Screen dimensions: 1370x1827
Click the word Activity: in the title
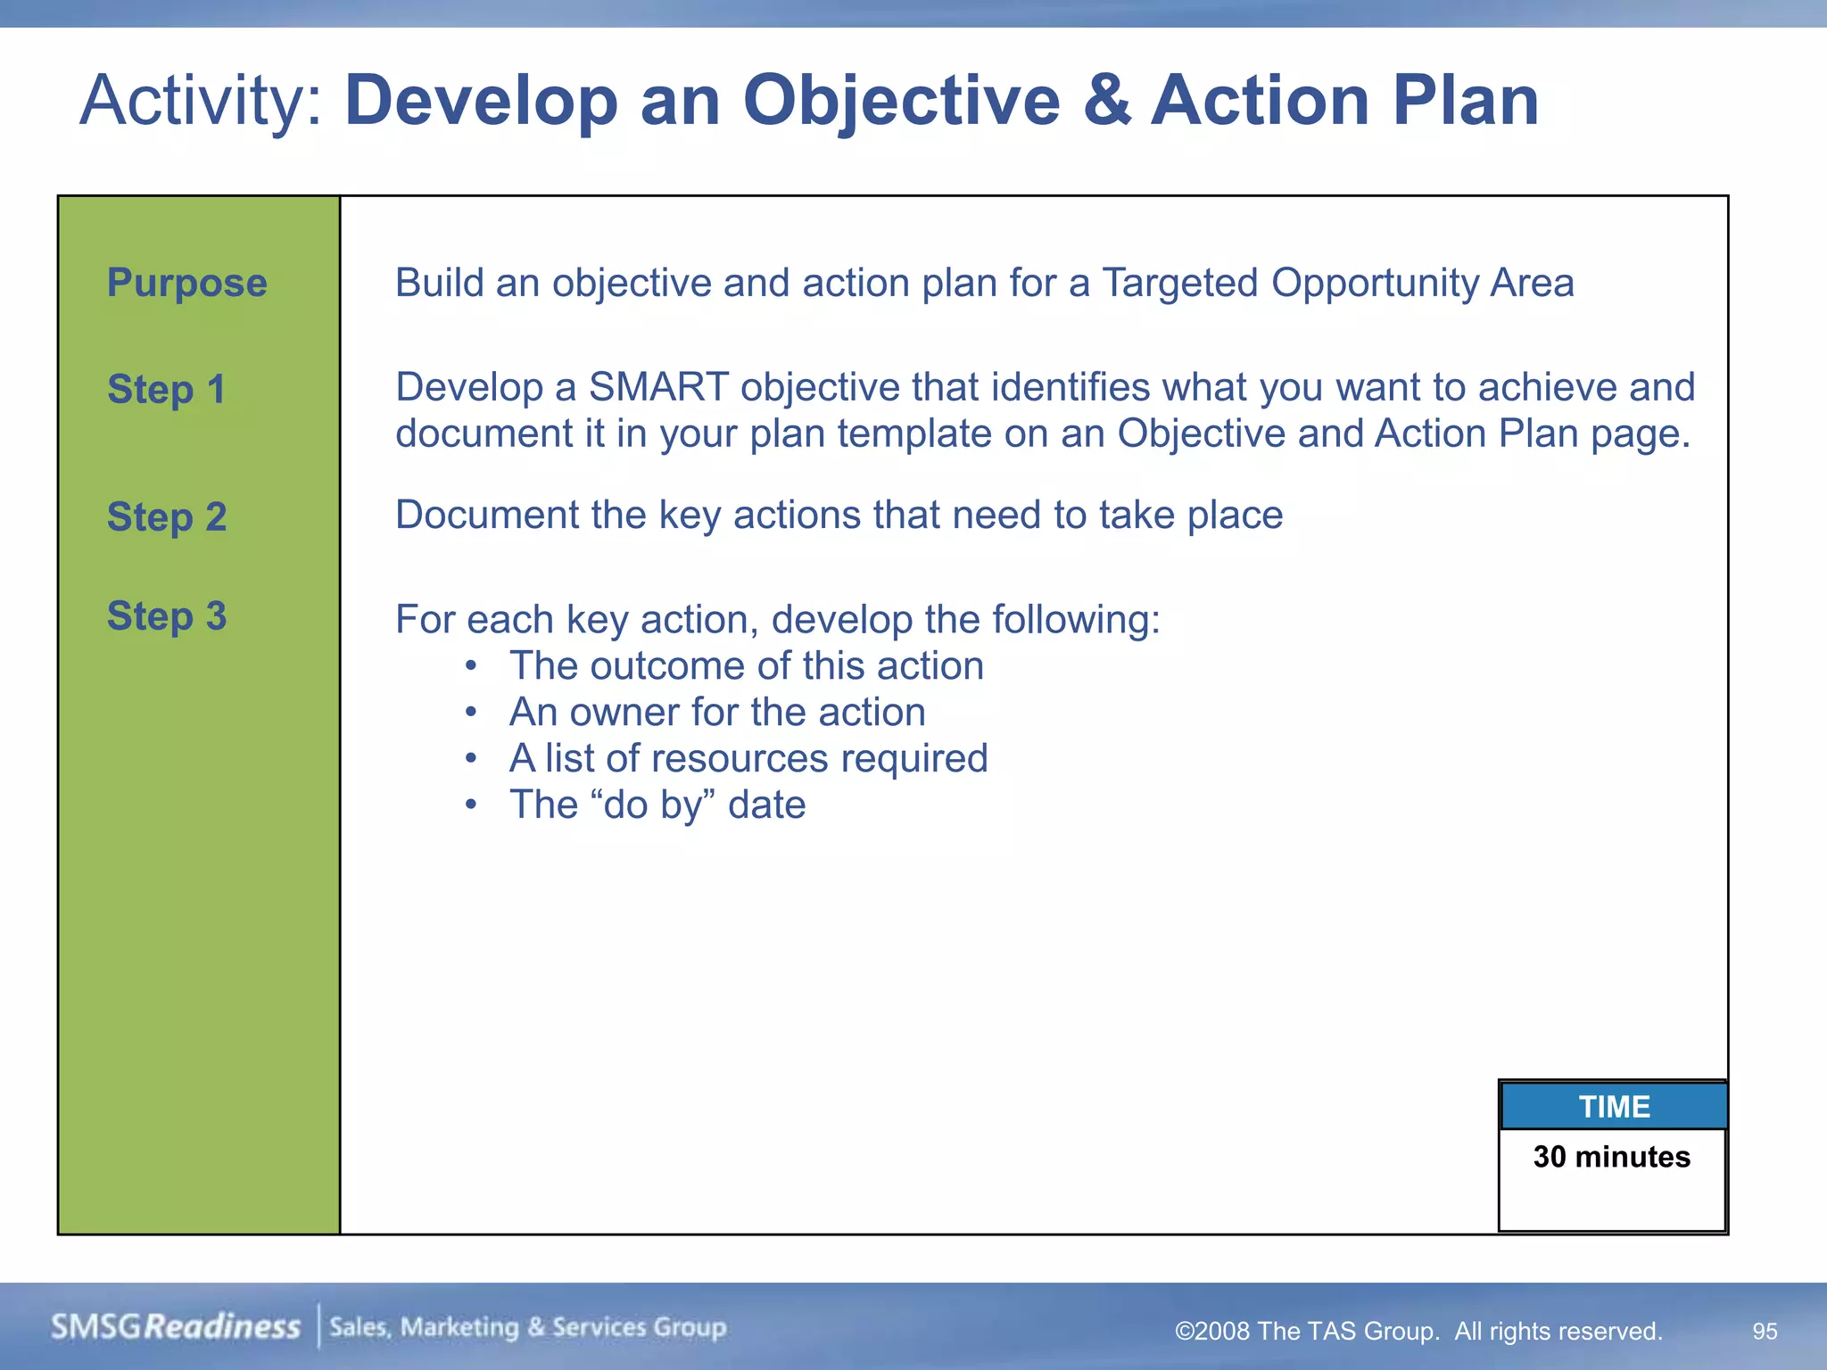pos(200,101)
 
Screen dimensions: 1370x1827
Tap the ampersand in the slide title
pos(1106,100)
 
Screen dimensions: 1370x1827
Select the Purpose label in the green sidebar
pos(186,283)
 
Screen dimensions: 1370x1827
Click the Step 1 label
pos(166,390)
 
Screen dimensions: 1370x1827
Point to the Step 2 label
pos(167,517)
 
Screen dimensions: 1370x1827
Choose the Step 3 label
pos(167,616)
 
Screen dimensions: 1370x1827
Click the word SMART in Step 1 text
pos(658,387)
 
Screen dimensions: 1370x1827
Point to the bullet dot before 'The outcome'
pos(471,666)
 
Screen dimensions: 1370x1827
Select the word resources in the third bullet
pos(740,759)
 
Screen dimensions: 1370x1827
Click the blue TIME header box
pos(1613,1106)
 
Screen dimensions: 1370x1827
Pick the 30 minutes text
pos(1611,1157)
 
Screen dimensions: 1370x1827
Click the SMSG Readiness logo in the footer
pos(176,1327)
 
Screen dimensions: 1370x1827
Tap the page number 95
pos(1764,1331)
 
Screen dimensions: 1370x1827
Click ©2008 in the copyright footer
pos(1211,1332)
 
